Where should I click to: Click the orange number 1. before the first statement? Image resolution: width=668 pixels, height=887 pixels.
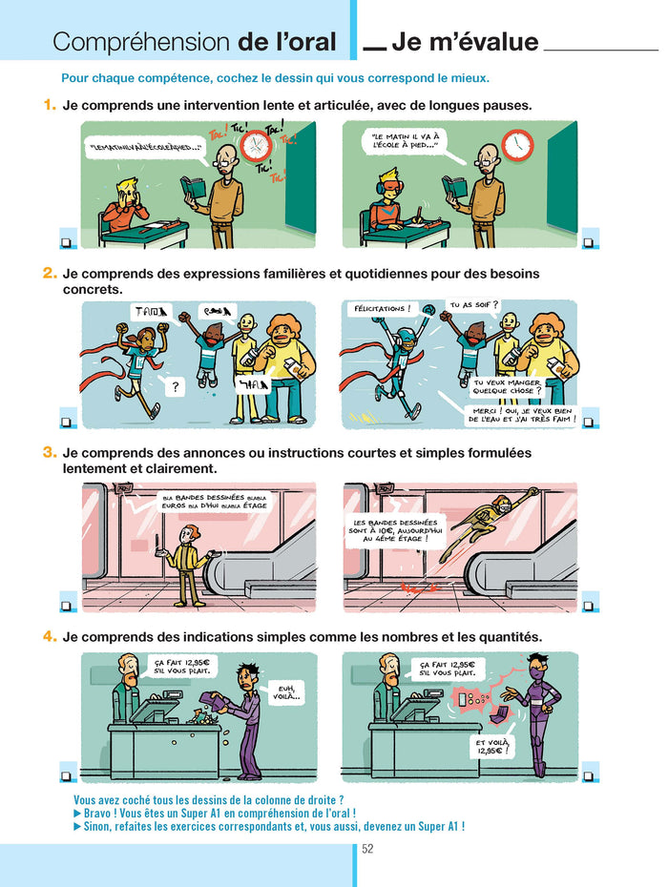pos(50,105)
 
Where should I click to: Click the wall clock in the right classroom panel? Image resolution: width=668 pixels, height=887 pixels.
pos(517,144)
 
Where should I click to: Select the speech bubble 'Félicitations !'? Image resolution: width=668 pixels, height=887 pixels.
pos(382,309)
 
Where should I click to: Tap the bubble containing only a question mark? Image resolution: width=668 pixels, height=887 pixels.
pos(175,386)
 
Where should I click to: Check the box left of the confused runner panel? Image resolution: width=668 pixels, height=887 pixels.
pos(68,421)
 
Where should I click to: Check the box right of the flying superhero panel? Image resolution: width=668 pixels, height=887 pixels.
pos(590,605)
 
